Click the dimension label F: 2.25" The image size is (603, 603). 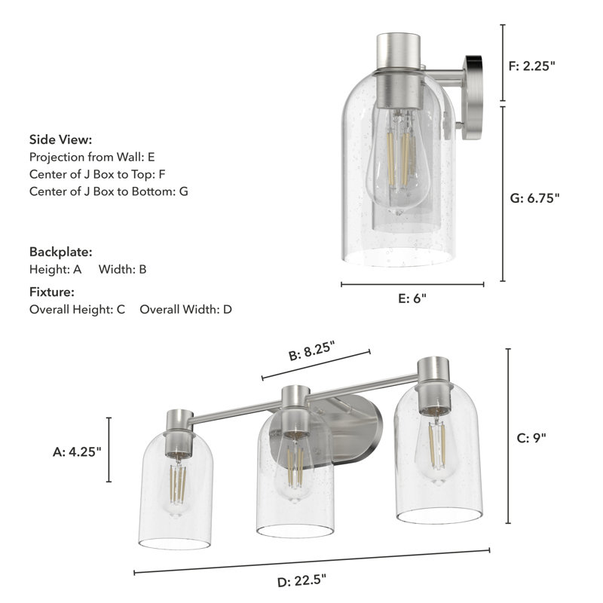coord(532,66)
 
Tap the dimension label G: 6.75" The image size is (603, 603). coord(534,198)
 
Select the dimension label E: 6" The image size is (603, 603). coord(412,298)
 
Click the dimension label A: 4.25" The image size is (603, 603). coord(77,451)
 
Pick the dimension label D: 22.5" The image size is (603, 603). coord(301,580)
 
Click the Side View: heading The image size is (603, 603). coord(61,139)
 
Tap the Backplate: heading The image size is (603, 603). coord(60,252)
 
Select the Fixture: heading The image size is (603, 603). coord(52,292)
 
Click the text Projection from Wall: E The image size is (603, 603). coord(92,158)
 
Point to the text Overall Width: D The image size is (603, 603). coord(186,309)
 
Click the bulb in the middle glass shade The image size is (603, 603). coord(295,467)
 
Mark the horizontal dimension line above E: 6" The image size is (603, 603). coord(412,285)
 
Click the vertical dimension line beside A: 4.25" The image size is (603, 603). coord(110,450)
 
